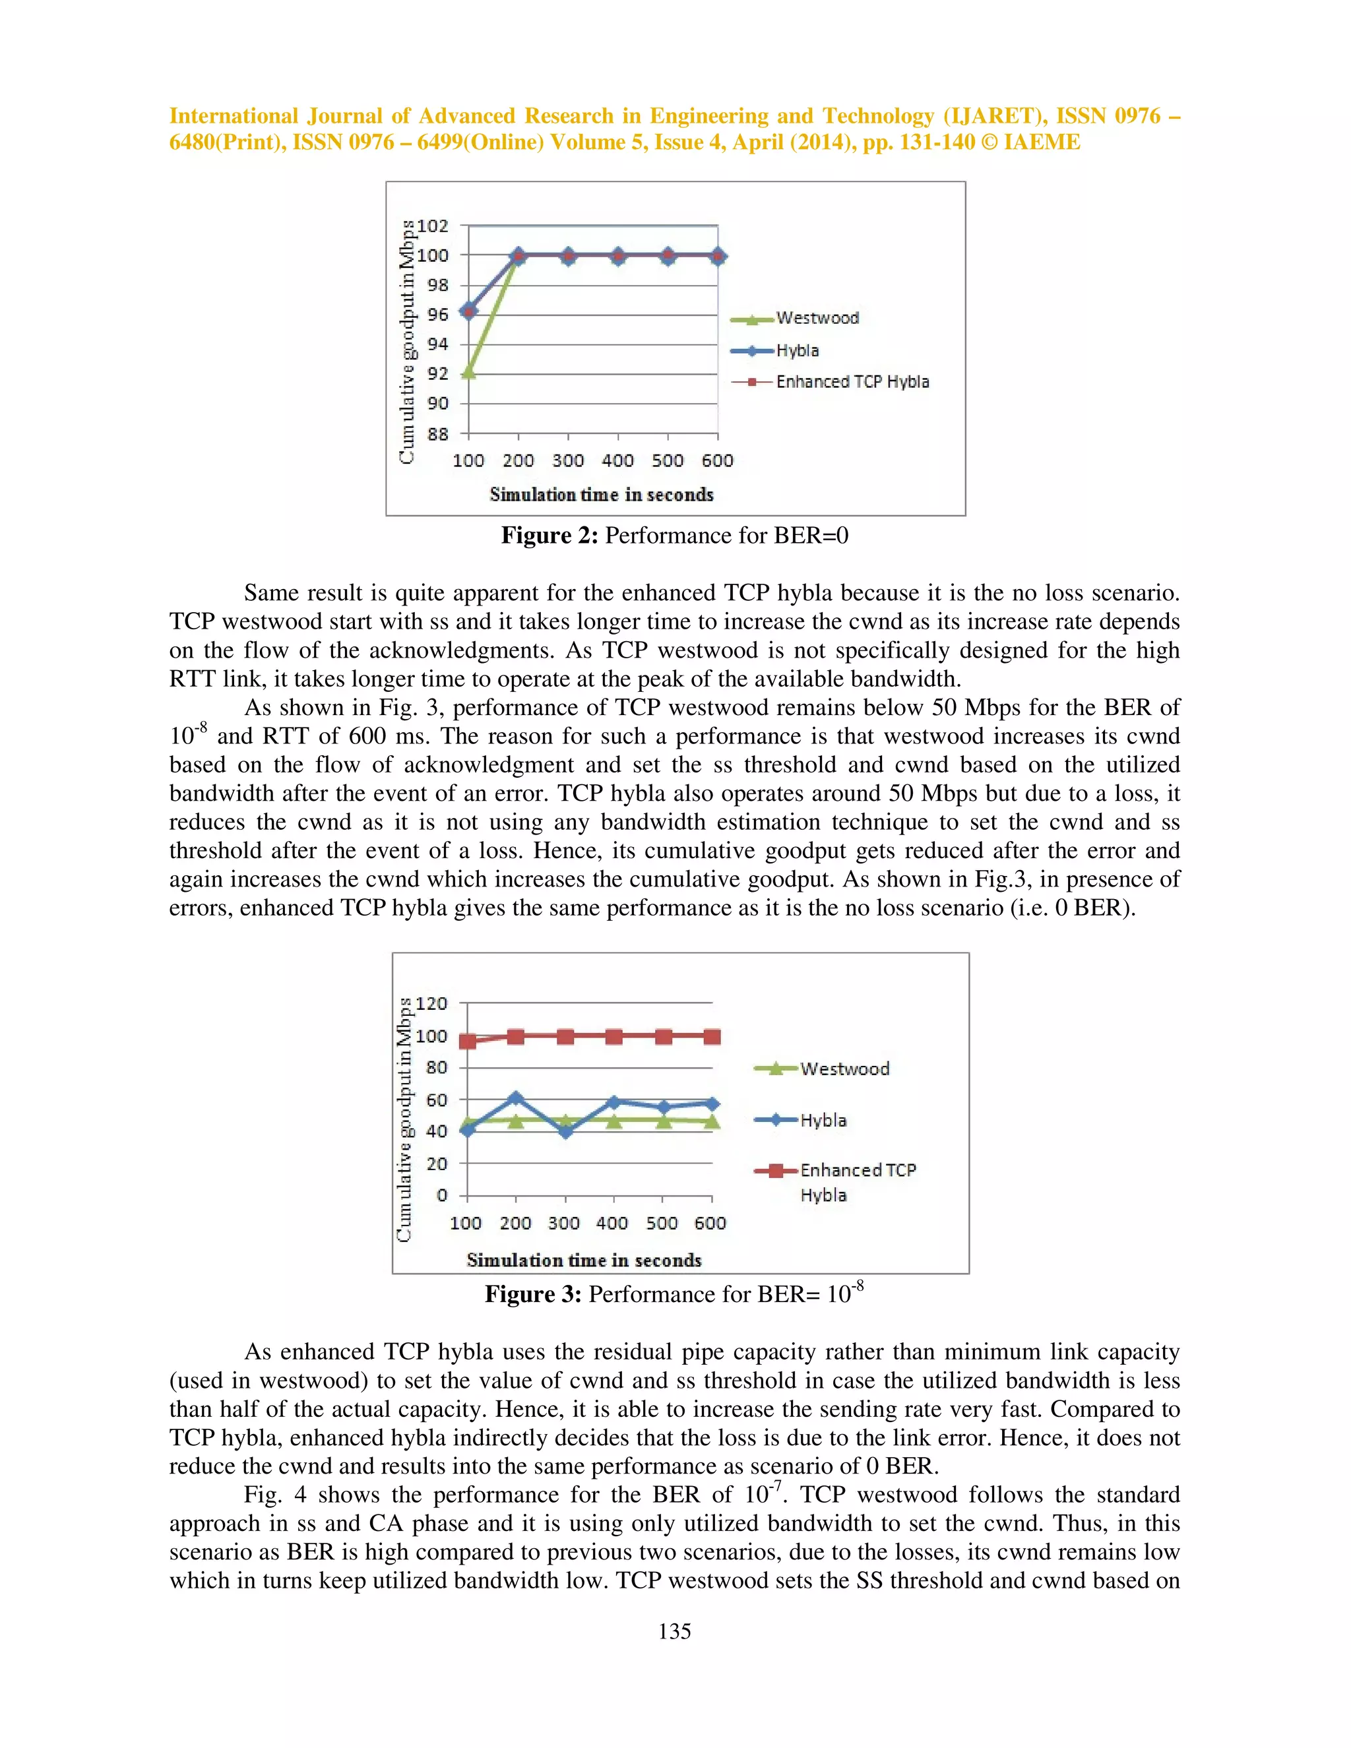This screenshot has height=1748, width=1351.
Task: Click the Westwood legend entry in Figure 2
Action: [817, 319]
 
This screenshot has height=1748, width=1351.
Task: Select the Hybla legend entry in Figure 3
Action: [823, 1120]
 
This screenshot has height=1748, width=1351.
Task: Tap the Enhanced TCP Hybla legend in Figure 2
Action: [852, 382]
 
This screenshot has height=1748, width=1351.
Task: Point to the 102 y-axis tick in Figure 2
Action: [432, 226]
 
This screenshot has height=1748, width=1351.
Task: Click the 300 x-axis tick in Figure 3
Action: [563, 1223]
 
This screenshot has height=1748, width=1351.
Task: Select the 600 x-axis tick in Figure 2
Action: [717, 460]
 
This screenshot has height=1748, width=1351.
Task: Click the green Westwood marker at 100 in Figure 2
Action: [469, 372]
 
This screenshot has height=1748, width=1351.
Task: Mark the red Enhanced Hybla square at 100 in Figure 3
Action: [468, 1040]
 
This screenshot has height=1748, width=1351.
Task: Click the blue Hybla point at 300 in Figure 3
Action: [566, 1131]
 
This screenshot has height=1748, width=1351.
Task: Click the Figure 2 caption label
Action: [549, 536]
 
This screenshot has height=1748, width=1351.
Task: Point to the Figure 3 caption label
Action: [532, 1294]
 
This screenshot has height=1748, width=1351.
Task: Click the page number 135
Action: [675, 1631]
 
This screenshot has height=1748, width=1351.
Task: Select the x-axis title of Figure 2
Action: [601, 495]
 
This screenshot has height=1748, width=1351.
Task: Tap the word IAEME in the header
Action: [1042, 142]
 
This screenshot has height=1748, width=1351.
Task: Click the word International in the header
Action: [233, 116]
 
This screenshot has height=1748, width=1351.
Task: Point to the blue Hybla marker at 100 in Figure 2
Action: [469, 311]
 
